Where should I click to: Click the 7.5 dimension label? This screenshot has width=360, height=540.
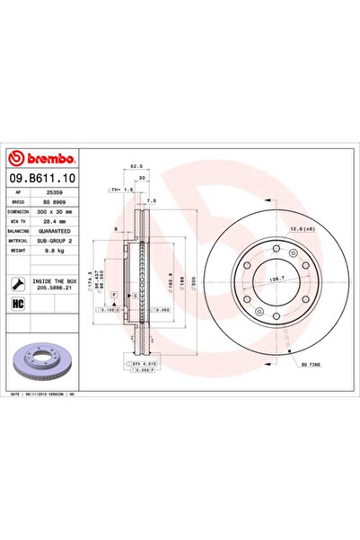[x=152, y=201]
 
